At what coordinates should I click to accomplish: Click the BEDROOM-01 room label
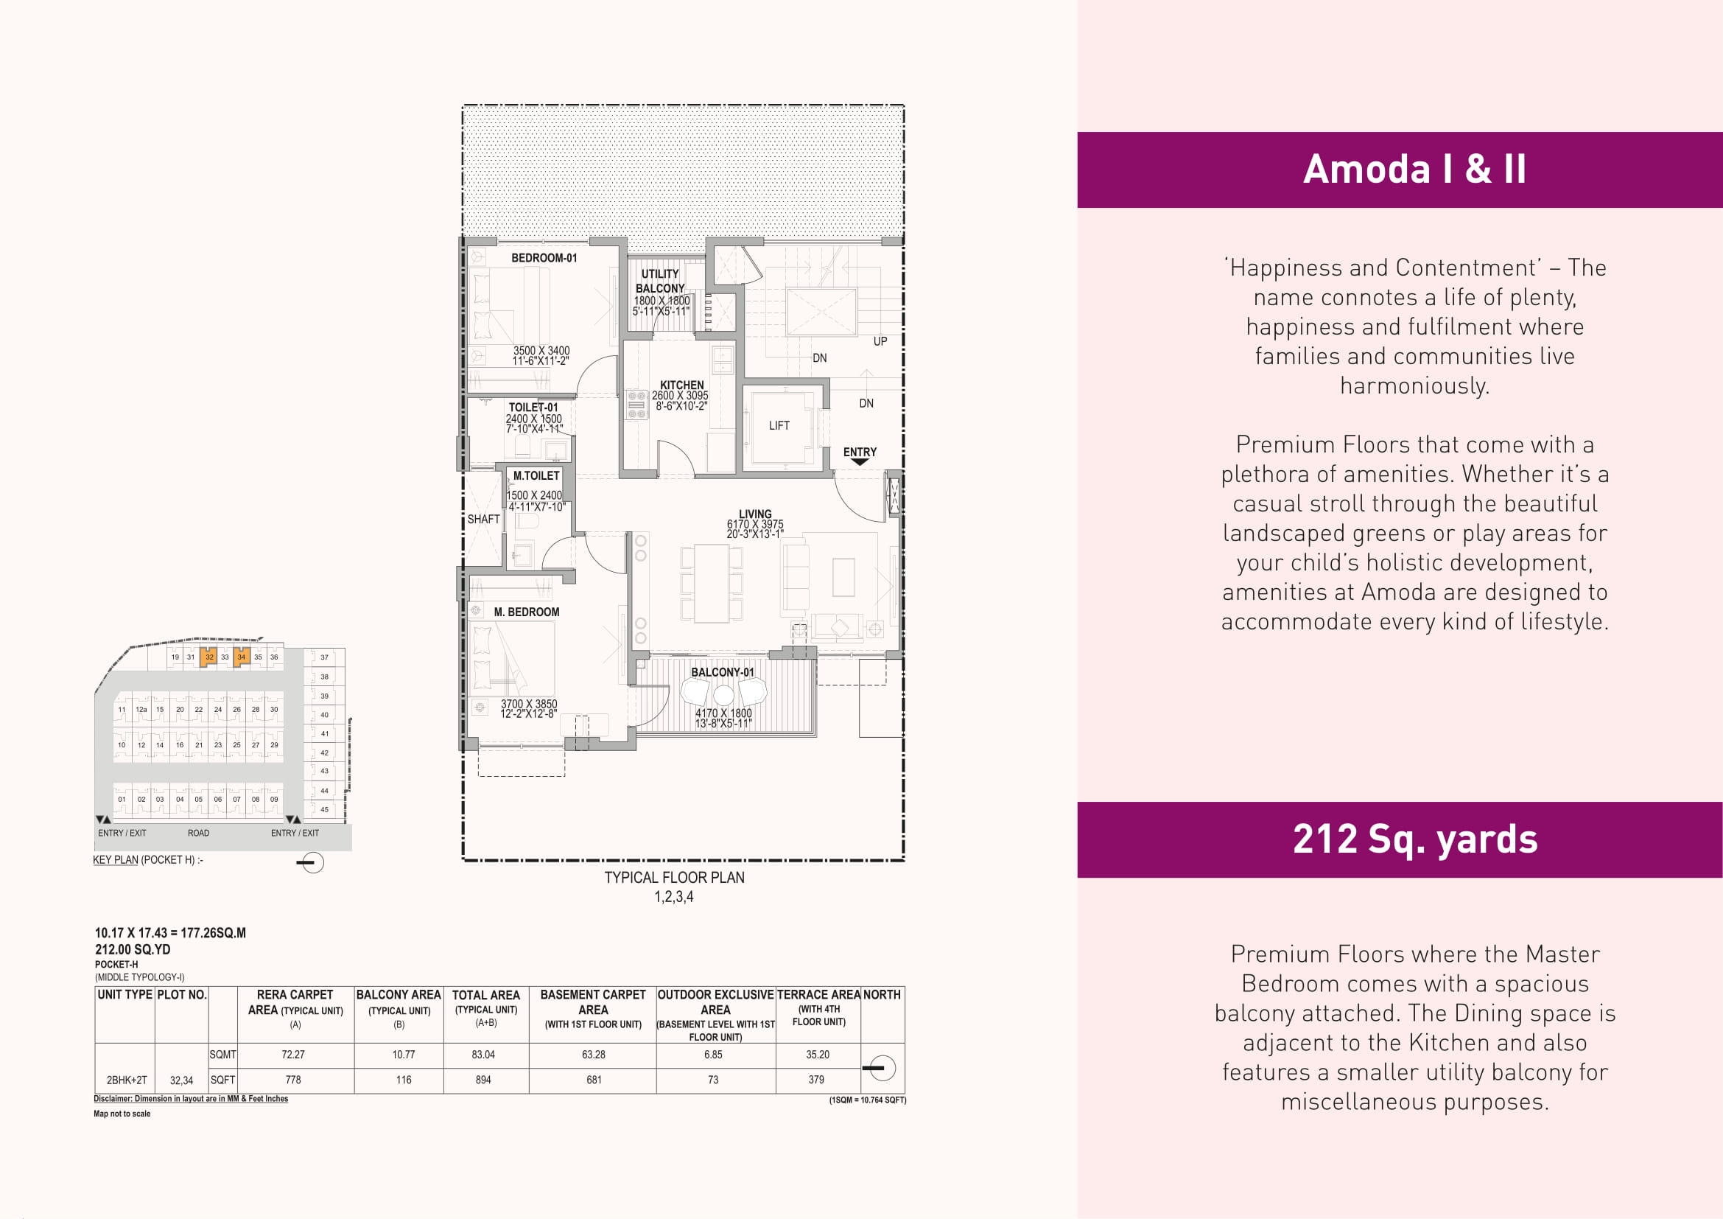coord(544,258)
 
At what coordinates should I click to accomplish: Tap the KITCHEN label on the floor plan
coord(681,385)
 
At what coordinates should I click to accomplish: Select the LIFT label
coord(779,425)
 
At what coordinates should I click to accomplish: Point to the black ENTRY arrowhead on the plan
coord(860,462)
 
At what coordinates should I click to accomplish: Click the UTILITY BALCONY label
coord(660,282)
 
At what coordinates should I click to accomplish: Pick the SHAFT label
coord(483,520)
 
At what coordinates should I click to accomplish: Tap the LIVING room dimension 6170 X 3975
coord(755,524)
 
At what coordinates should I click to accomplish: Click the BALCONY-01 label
coord(722,673)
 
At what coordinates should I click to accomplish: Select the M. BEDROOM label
coord(526,612)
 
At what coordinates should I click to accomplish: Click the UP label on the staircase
coord(880,341)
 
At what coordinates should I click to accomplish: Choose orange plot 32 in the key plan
coord(208,657)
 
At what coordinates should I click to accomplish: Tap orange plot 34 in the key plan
coord(241,657)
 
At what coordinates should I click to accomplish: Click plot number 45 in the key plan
coord(324,810)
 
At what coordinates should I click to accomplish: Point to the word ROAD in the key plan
coord(198,834)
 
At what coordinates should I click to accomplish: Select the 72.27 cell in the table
coord(292,1055)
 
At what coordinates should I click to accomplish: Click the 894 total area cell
coord(483,1080)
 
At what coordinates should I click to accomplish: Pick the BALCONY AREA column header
coord(399,994)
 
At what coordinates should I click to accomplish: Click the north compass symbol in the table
coord(881,1067)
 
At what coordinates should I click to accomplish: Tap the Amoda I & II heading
coord(1414,169)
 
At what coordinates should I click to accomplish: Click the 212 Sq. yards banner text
coord(1414,839)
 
